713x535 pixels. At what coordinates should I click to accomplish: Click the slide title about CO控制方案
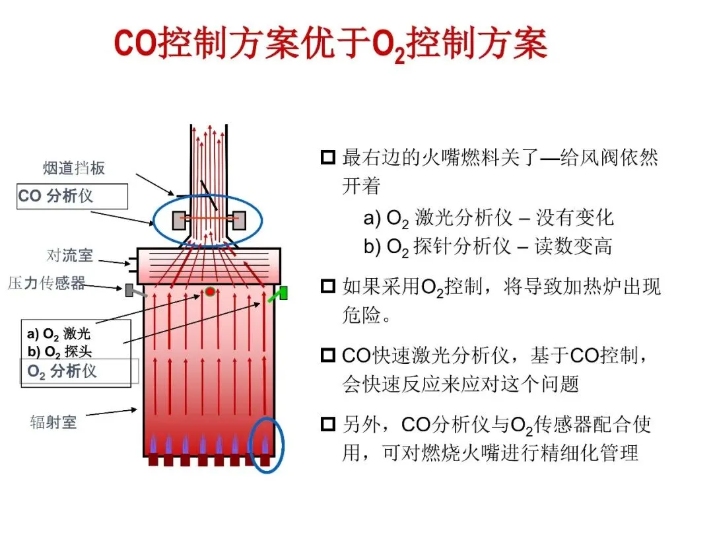(x=331, y=45)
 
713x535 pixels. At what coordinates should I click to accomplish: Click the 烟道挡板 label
(x=75, y=168)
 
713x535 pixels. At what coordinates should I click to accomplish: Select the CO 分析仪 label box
(x=72, y=196)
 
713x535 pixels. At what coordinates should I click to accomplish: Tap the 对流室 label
(x=69, y=255)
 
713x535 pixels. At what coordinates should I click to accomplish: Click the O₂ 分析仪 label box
(x=79, y=371)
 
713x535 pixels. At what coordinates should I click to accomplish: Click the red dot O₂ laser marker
(x=210, y=291)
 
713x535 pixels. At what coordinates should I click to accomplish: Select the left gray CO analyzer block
(x=178, y=220)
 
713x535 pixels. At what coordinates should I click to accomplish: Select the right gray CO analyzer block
(x=239, y=220)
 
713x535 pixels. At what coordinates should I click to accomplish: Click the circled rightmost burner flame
(x=266, y=445)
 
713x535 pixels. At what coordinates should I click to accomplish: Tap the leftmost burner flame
(x=153, y=445)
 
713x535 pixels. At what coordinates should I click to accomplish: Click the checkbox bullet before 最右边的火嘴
(x=328, y=159)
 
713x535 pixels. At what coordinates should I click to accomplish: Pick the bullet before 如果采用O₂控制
(x=328, y=287)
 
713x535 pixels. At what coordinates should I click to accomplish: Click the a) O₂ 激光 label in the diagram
(x=59, y=334)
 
